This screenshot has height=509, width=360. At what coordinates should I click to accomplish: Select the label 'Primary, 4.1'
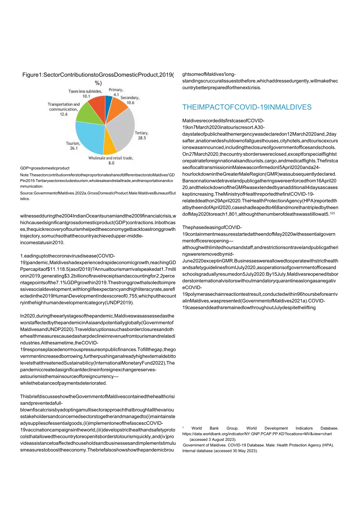click(116, 92)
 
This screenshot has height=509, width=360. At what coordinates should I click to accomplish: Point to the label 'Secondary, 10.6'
click(130, 100)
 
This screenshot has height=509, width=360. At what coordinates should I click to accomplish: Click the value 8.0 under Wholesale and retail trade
click(111, 163)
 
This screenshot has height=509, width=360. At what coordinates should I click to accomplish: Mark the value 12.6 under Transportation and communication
click(64, 114)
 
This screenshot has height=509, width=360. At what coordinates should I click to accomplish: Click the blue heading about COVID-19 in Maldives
click(247, 107)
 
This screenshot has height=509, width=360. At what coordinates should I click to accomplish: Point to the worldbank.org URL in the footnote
click(257, 434)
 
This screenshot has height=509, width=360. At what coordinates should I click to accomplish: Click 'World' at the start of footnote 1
click(197, 428)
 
